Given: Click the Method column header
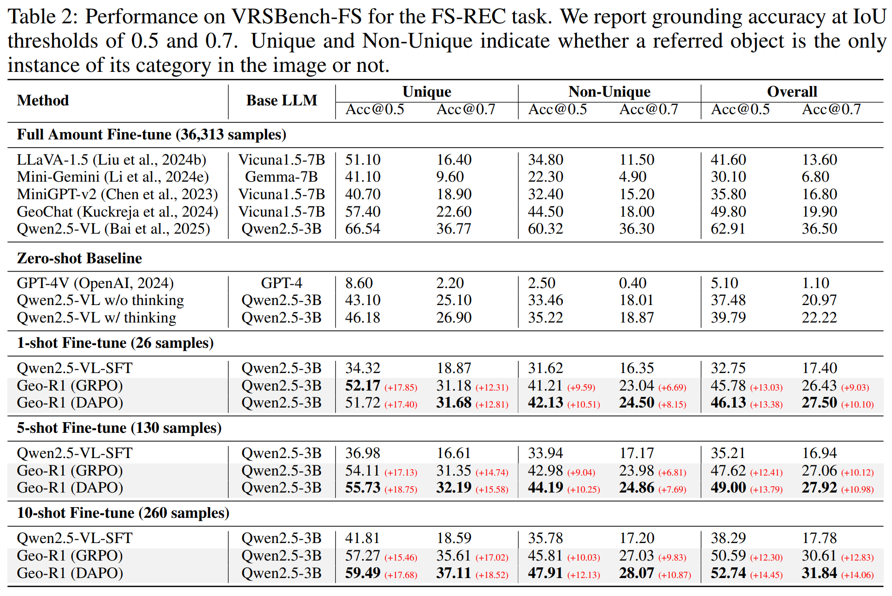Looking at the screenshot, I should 43,101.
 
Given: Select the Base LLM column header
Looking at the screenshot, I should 281,101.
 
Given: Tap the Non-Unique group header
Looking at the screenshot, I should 609,92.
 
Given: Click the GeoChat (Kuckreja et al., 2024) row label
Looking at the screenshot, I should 117,212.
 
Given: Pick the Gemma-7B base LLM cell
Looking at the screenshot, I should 281,177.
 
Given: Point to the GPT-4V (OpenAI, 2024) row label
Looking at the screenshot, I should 95,283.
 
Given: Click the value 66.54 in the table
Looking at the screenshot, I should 363,229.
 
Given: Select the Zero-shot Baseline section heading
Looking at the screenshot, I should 80,258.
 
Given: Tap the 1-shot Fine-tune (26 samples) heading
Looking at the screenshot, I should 116,343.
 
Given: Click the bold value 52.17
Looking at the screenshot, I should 363,386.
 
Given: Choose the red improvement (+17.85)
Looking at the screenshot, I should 401,388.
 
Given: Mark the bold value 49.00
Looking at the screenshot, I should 728,488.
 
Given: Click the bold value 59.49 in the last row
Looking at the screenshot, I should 363,573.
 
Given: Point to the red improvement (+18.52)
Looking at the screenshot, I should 492,575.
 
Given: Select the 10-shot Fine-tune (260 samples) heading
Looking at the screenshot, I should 123,513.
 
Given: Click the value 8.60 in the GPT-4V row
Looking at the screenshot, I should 359,283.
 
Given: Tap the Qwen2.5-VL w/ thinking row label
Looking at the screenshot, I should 97,318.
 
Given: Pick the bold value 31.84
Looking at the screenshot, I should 819,573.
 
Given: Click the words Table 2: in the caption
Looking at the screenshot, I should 43,17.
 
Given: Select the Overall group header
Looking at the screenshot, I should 792,92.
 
